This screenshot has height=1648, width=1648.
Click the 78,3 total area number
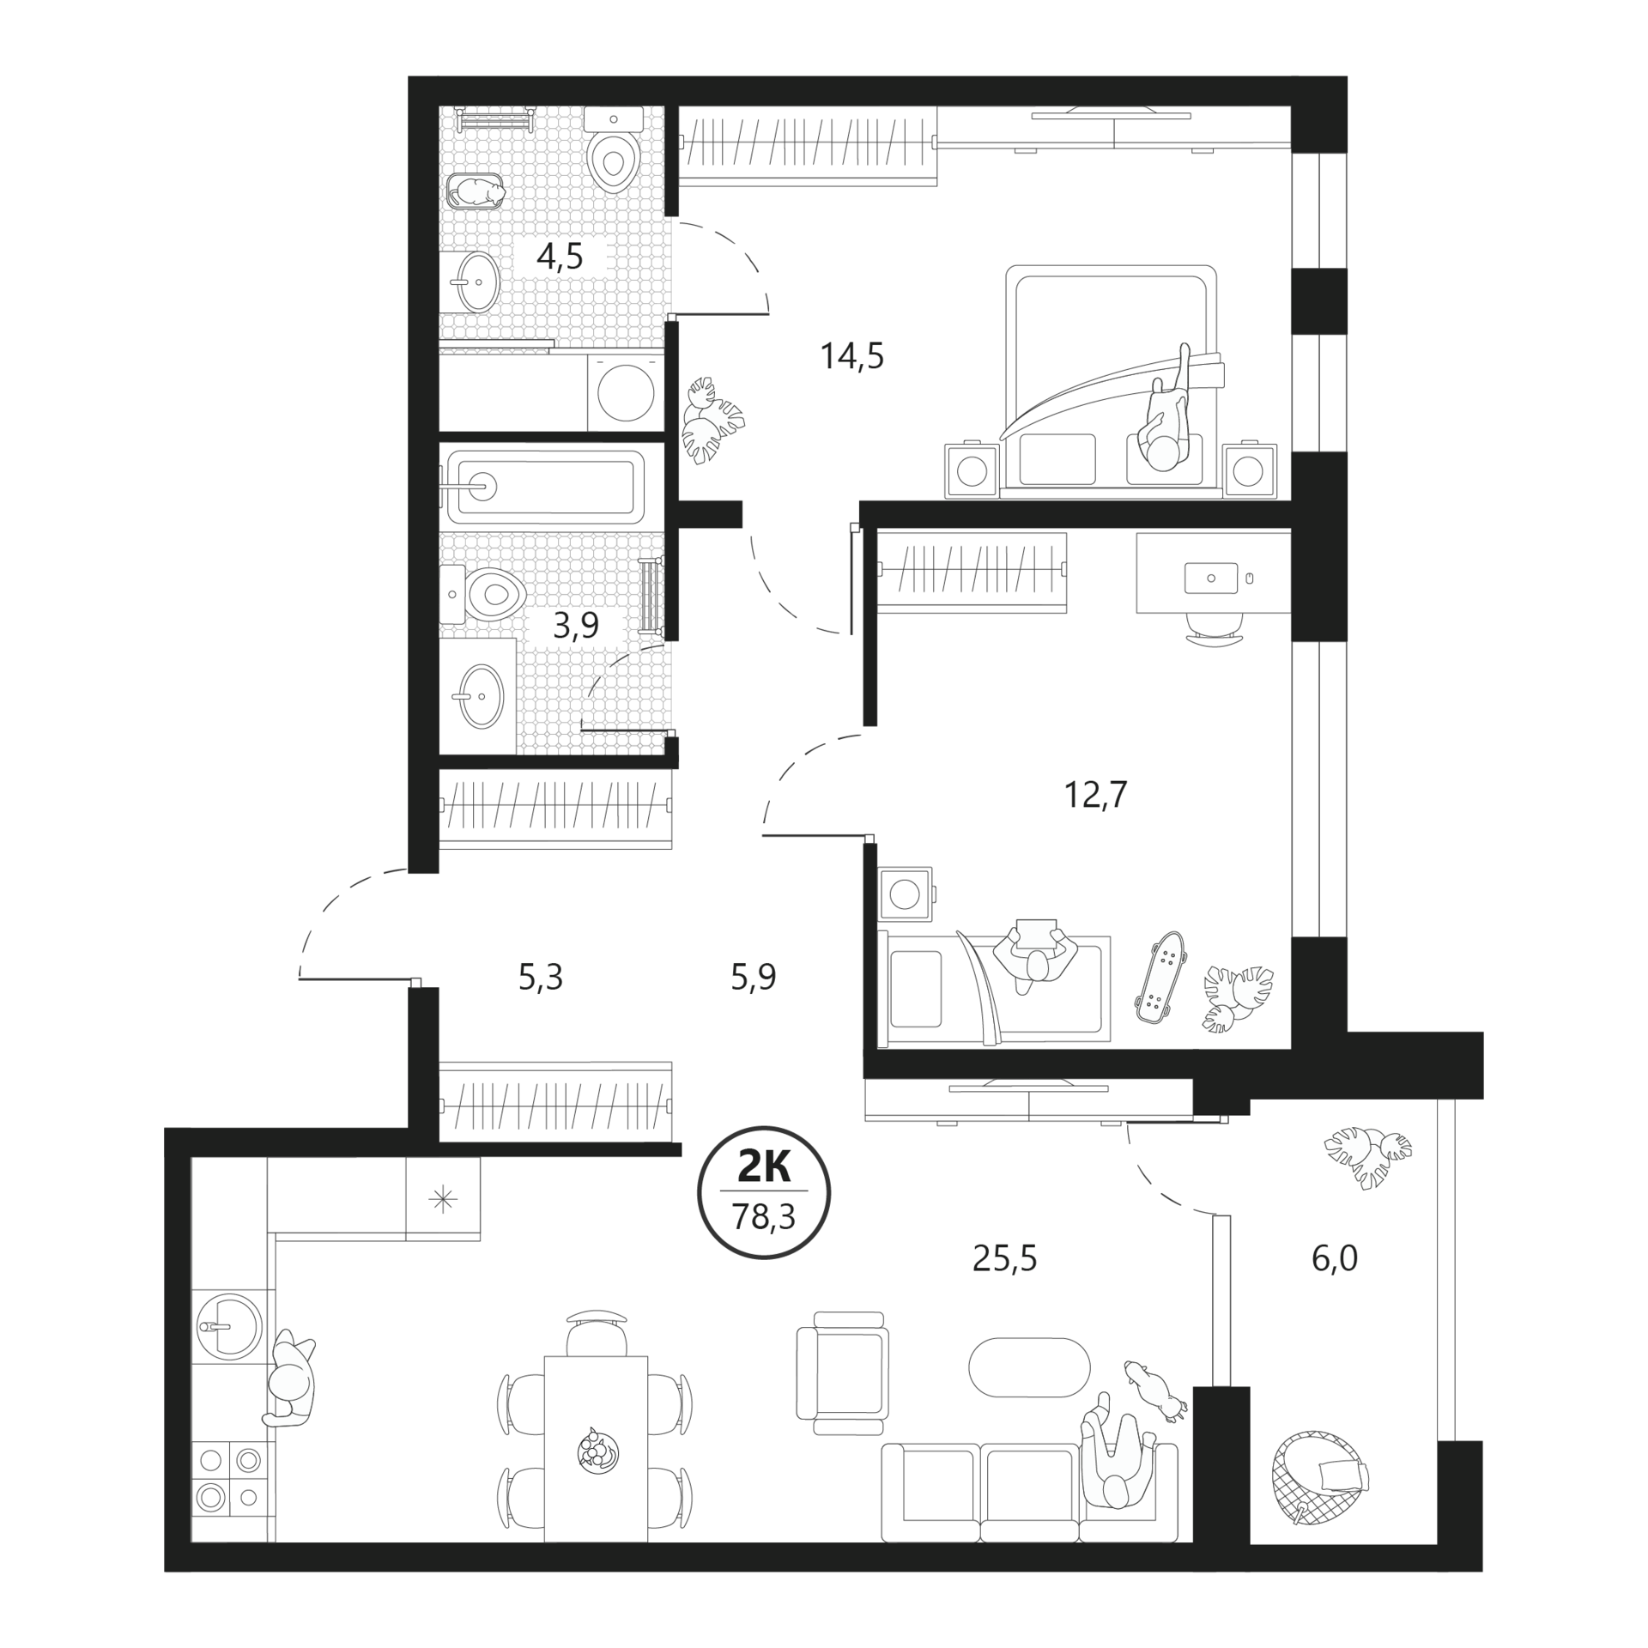pyautogui.click(x=763, y=1216)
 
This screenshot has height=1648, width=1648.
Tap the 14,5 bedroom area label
pyautogui.click(x=852, y=355)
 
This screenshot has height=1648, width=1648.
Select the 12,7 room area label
pyautogui.click(x=1095, y=796)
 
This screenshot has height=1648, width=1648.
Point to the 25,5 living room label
pyautogui.click(x=1005, y=1258)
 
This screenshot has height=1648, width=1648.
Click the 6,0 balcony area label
pyautogui.click(x=1335, y=1258)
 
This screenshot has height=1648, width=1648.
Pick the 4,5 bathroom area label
pyautogui.click(x=560, y=256)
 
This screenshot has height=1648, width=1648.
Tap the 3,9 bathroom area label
pyautogui.click(x=575, y=626)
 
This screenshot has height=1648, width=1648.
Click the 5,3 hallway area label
pyautogui.click(x=541, y=977)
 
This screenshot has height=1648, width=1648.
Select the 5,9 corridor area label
pyautogui.click(x=754, y=977)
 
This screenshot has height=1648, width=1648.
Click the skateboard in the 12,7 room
pyautogui.click(x=1160, y=976)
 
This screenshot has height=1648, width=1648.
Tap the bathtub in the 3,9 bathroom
pyautogui.click(x=545, y=487)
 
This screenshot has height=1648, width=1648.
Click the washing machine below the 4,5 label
pyautogui.click(x=626, y=392)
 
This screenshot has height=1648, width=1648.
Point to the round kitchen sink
pyautogui.click(x=227, y=1326)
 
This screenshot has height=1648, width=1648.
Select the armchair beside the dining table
pyautogui.click(x=843, y=1372)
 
